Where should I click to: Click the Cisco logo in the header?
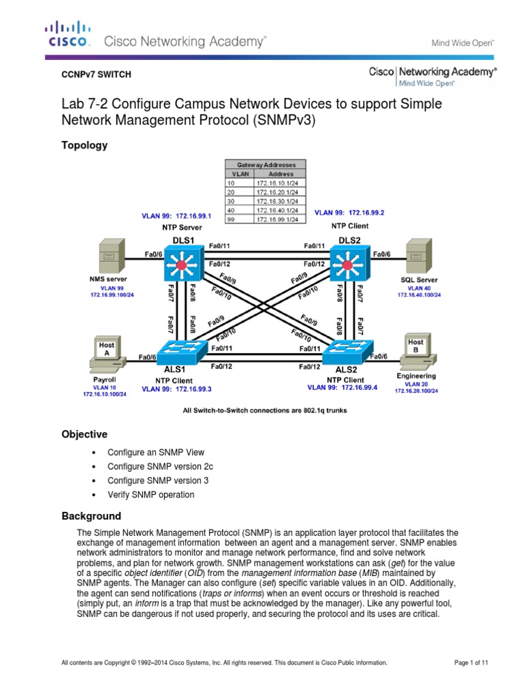(67, 34)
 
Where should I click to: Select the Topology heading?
(84, 145)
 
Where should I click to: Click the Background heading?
(91, 516)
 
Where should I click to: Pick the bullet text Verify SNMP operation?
(150, 494)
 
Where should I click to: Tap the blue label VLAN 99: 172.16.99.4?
(343, 387)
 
